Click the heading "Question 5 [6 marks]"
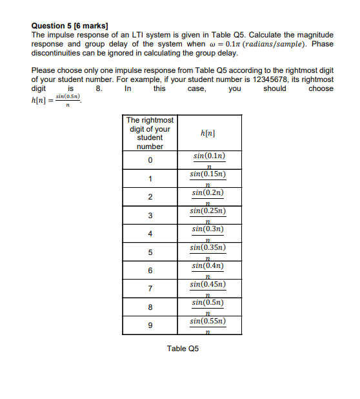click(63, 25)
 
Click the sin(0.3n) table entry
click(209, 233)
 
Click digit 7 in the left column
click(150, 288)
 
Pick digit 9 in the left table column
click(150, 325)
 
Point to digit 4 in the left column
click(150, 233)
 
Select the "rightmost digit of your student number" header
click(150, 133)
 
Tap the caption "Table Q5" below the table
click(183, 349)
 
